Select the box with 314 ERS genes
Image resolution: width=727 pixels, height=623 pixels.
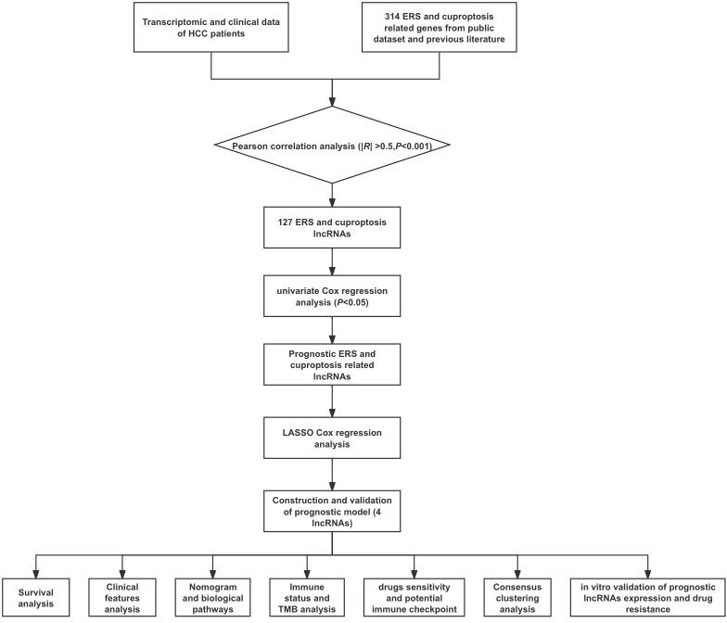453,29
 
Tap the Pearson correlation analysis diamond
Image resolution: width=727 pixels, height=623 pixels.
332,146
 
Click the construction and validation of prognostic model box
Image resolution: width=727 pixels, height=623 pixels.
332,508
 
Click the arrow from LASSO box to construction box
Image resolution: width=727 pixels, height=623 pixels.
332,473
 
